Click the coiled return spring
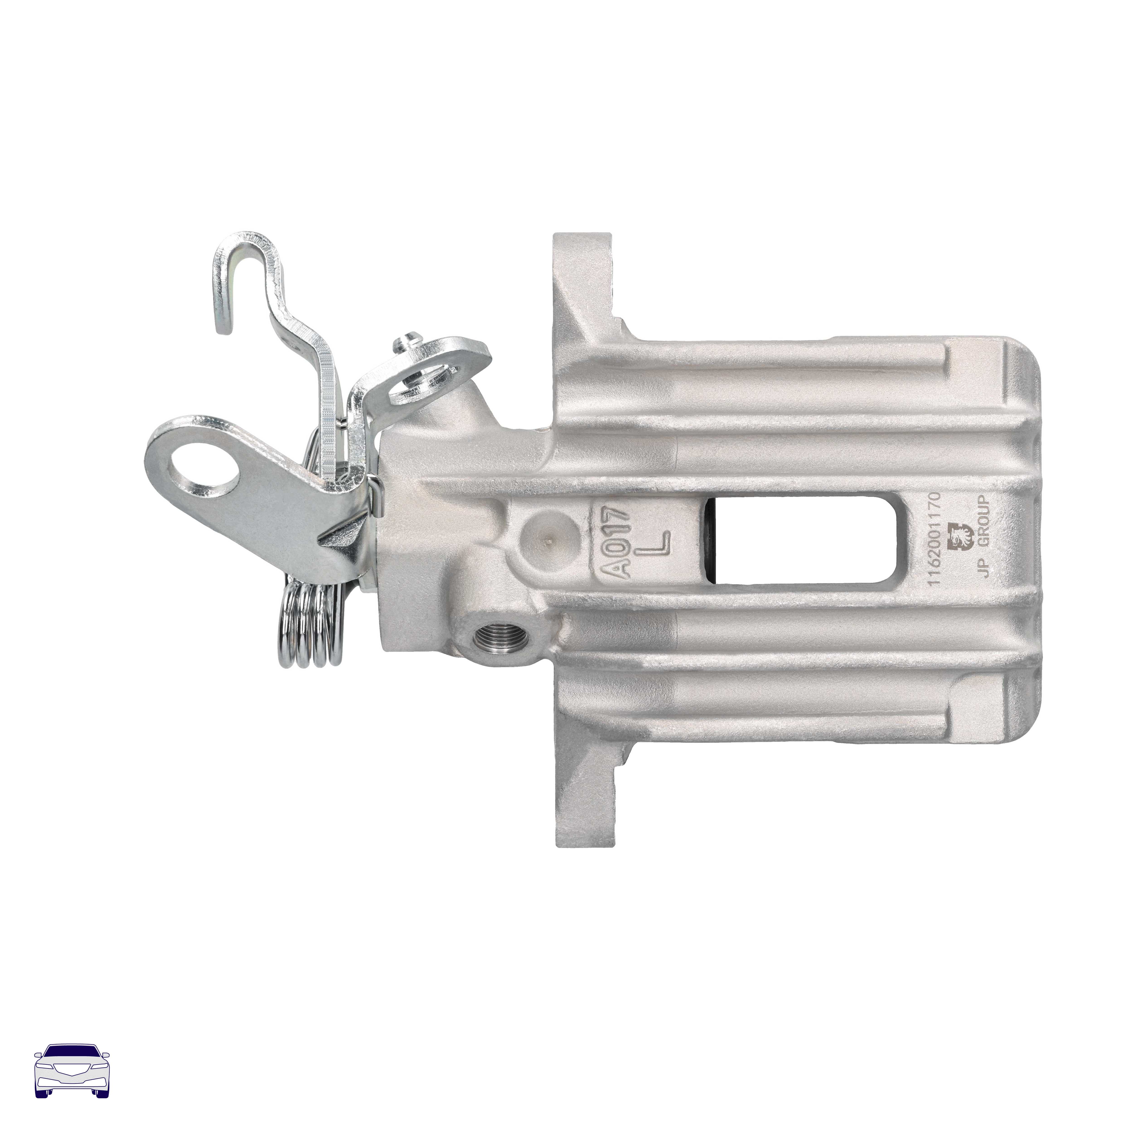(x=311, y=625)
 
